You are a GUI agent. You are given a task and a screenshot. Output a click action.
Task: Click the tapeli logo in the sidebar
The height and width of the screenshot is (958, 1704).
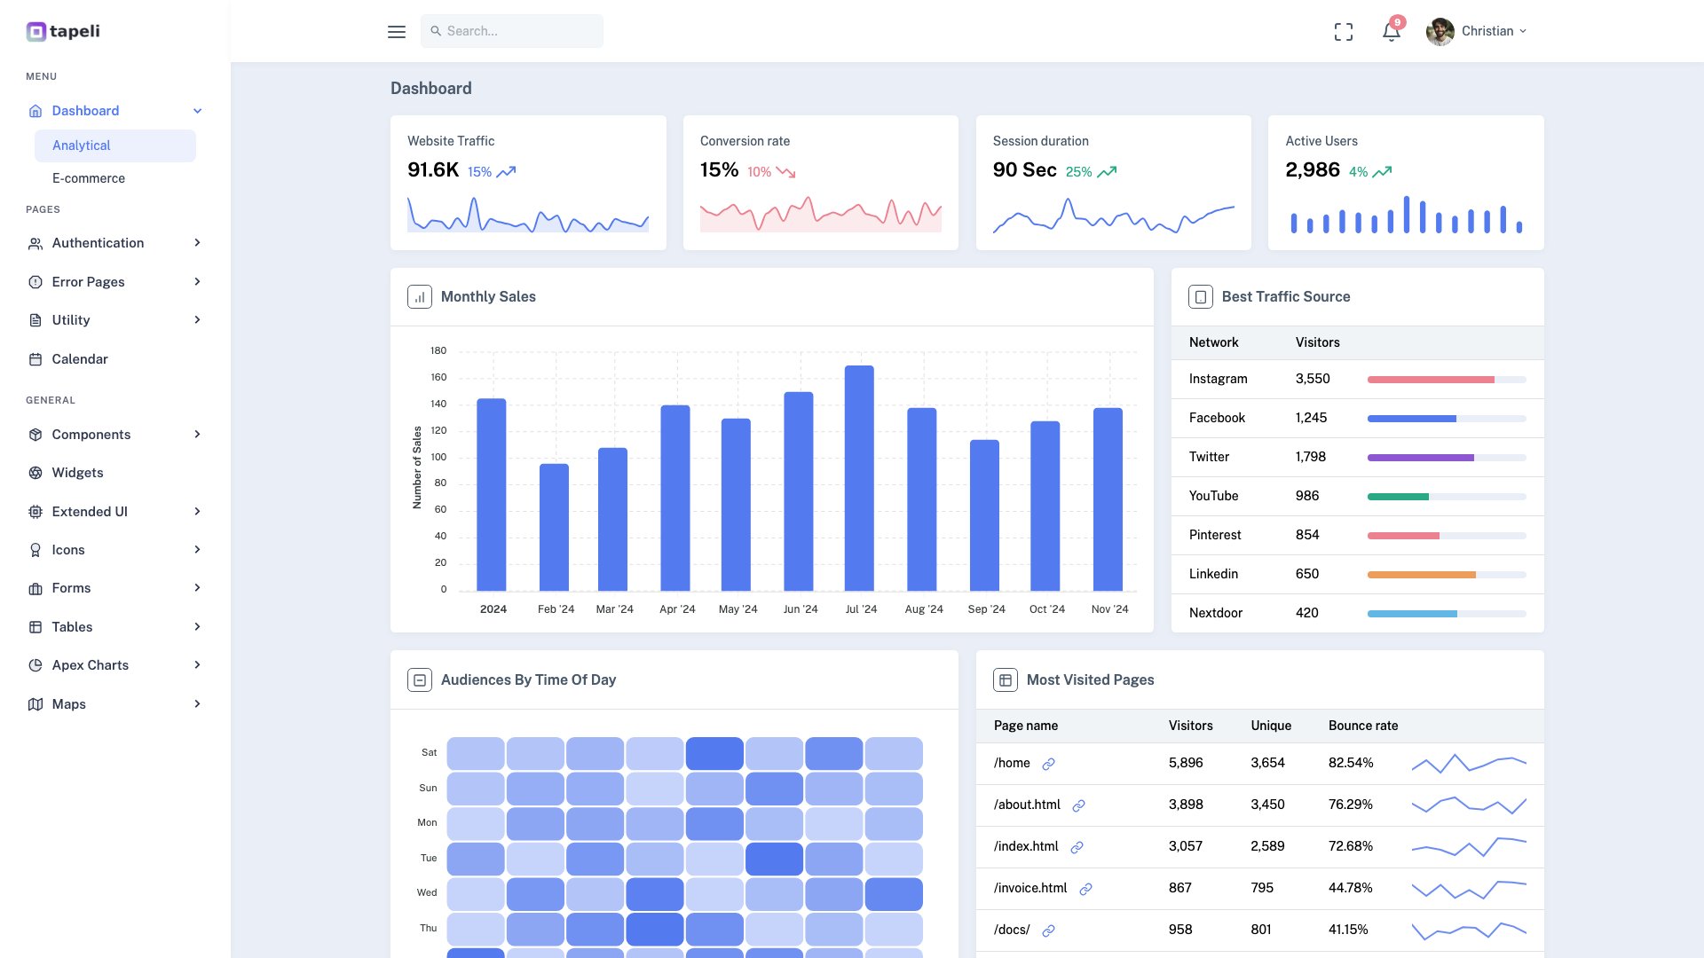[63, 32]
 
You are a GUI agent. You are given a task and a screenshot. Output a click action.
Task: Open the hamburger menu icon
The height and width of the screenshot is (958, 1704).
[397, 32]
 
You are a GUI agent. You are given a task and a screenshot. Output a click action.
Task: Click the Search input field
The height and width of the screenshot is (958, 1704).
[512, 31]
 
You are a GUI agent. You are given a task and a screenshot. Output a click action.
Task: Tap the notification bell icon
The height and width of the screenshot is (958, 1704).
[1391, 32]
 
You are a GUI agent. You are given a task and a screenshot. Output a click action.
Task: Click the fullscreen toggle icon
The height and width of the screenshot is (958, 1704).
[1344, 32]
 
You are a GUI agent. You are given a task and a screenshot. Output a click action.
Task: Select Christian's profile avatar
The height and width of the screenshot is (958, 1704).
[1440, 32]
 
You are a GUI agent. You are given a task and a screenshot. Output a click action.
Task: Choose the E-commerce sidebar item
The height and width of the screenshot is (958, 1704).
[89, 178]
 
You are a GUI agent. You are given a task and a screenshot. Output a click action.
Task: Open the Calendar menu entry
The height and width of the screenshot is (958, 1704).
[80, 359]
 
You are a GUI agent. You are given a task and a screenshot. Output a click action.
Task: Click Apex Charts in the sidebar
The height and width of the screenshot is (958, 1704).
[91, 665]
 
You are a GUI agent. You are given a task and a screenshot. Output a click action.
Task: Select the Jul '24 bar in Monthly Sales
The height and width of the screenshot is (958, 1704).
[859, 479]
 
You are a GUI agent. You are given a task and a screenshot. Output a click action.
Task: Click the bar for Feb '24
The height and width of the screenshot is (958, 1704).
[554, 528]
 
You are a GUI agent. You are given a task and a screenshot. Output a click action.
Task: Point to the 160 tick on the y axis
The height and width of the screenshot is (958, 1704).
[438, 377]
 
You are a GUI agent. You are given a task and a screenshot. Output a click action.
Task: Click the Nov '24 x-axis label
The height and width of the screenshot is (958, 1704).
[1109, 609]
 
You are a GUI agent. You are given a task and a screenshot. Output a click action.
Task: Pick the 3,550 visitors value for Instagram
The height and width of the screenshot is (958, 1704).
[1313, 379]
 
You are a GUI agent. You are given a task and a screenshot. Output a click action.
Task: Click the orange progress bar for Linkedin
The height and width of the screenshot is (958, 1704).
[1421, 575]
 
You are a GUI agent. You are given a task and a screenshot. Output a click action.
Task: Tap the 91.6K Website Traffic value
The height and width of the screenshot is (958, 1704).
[433, 170]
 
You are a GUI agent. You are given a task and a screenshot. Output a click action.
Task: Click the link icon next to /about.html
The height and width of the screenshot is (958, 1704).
[1078, 805]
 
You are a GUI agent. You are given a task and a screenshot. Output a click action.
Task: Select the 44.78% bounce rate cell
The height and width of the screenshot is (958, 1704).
[1350, 888]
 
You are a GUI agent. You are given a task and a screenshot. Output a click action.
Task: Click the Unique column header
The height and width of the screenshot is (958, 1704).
[1271, 726]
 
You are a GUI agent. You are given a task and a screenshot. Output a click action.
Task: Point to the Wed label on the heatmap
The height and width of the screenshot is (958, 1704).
[427, 892]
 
